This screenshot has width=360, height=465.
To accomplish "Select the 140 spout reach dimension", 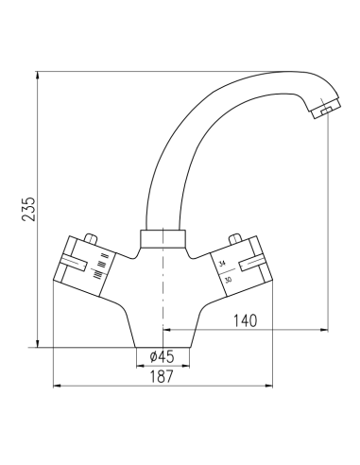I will (x=244, y=321).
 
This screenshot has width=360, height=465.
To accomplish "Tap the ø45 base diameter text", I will (x=163, y=357).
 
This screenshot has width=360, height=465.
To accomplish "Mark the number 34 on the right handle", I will (x=223, y=264).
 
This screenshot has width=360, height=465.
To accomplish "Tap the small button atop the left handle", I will (x=90, y=238).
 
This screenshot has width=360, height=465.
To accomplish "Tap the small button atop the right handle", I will (x=235, y=238).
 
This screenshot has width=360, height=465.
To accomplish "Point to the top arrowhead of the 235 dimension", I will (x=39, y=74).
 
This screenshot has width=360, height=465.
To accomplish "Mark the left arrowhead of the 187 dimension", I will (x=56, y=386).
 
